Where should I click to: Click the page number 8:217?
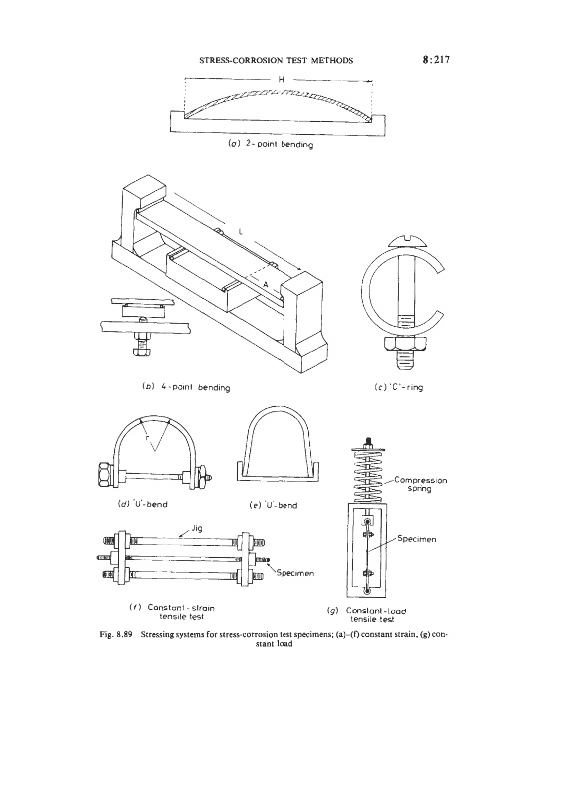pos(436,60)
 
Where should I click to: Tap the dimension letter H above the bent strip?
pos(281,79)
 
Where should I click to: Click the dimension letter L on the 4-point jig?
pos(240,233)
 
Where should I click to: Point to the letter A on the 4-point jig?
pos(265,284)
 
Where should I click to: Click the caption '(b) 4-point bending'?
pos(185,387)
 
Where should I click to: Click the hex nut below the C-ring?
pos(405,343)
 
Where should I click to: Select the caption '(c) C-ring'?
pos(399,387)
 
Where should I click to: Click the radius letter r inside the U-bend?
pos(146,437)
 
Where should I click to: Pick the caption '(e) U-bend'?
pos(274,506)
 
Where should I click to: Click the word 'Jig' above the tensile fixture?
pos(196,528)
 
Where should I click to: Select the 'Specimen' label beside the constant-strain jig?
pos(294,573)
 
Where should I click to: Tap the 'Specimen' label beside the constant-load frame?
pos(416,539)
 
